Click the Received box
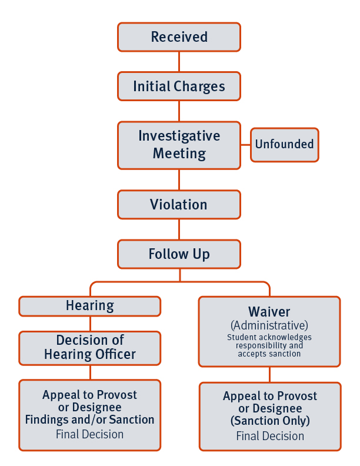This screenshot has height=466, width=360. click(179, 37)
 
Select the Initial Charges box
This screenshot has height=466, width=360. click(179, 86)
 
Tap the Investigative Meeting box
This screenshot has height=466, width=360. click(179, 145)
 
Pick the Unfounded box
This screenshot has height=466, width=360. click(285, 144)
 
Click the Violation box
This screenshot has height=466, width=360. click(179, 205)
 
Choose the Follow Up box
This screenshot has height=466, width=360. click(179, 254)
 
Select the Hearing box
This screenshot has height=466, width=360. click(90, 306)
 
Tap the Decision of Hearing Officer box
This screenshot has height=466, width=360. click(90, 347)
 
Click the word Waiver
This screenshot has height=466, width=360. click(269, 311)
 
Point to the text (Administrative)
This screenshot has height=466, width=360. click(269, 325)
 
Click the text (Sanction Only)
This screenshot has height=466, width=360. click(269, 421)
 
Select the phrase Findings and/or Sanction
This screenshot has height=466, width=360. click(90, 420)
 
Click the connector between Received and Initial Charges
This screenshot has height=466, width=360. click(179, 62)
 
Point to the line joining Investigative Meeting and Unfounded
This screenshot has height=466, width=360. click(246, 145)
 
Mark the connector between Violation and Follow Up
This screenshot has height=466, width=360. click(179, 229)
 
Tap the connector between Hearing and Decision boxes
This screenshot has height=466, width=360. click(90, 324)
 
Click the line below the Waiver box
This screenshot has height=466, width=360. click(269, 375)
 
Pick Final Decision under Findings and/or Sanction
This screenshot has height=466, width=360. click(90, 435)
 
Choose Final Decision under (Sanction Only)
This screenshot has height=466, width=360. click(269, 436)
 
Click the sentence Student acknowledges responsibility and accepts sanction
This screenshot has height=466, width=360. click(269, 346)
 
